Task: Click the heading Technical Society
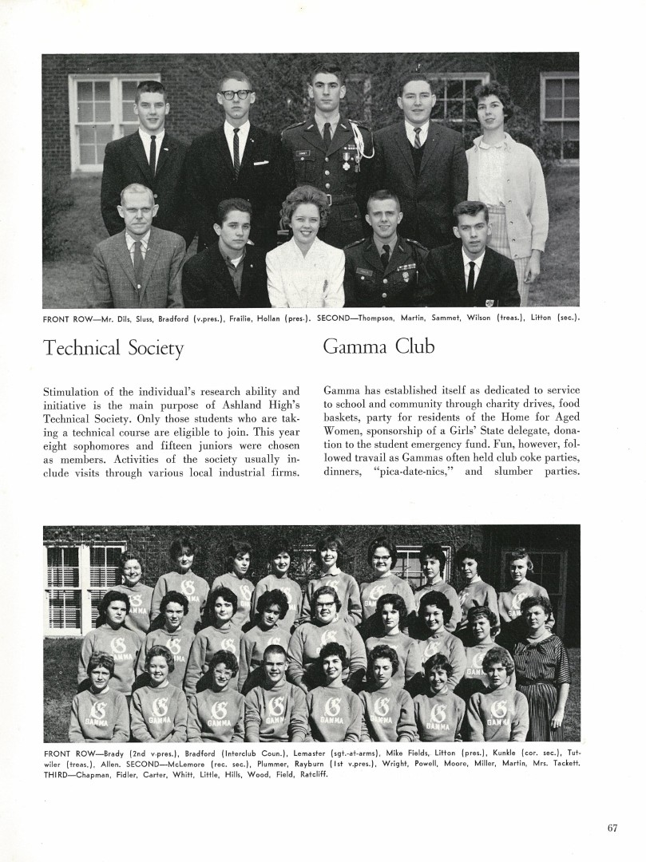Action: [113, 348]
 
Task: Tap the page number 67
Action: [612, 828]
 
